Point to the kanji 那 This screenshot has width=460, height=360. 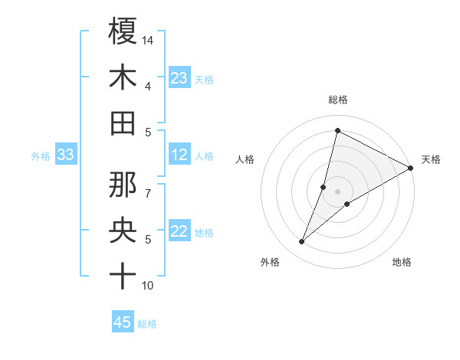123,183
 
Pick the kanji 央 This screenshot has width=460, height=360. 123,229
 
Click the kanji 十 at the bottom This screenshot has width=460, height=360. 123,275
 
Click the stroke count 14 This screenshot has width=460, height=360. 149,40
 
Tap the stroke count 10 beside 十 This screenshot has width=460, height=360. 148,286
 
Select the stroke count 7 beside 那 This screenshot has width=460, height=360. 148,185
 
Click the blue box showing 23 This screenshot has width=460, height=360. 179,78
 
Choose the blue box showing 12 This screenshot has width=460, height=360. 179,155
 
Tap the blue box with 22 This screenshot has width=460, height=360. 179,232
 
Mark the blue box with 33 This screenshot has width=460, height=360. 65,155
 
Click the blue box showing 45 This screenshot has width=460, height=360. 123,322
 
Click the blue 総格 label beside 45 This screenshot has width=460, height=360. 147,324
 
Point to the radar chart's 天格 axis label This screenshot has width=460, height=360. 431,159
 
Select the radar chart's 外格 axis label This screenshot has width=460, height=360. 270,263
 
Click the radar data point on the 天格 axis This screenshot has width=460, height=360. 411,168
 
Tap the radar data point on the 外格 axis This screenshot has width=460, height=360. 302,242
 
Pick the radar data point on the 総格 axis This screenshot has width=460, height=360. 337,129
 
